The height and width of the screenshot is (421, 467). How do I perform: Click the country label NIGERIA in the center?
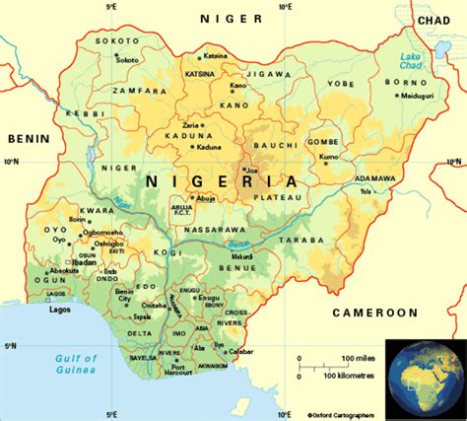tap(222, 181)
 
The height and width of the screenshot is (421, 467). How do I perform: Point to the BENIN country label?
tap(28, 139)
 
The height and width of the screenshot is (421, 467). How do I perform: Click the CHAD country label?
tap(434, 19)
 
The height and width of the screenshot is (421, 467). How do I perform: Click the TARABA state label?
tap(323, 239)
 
